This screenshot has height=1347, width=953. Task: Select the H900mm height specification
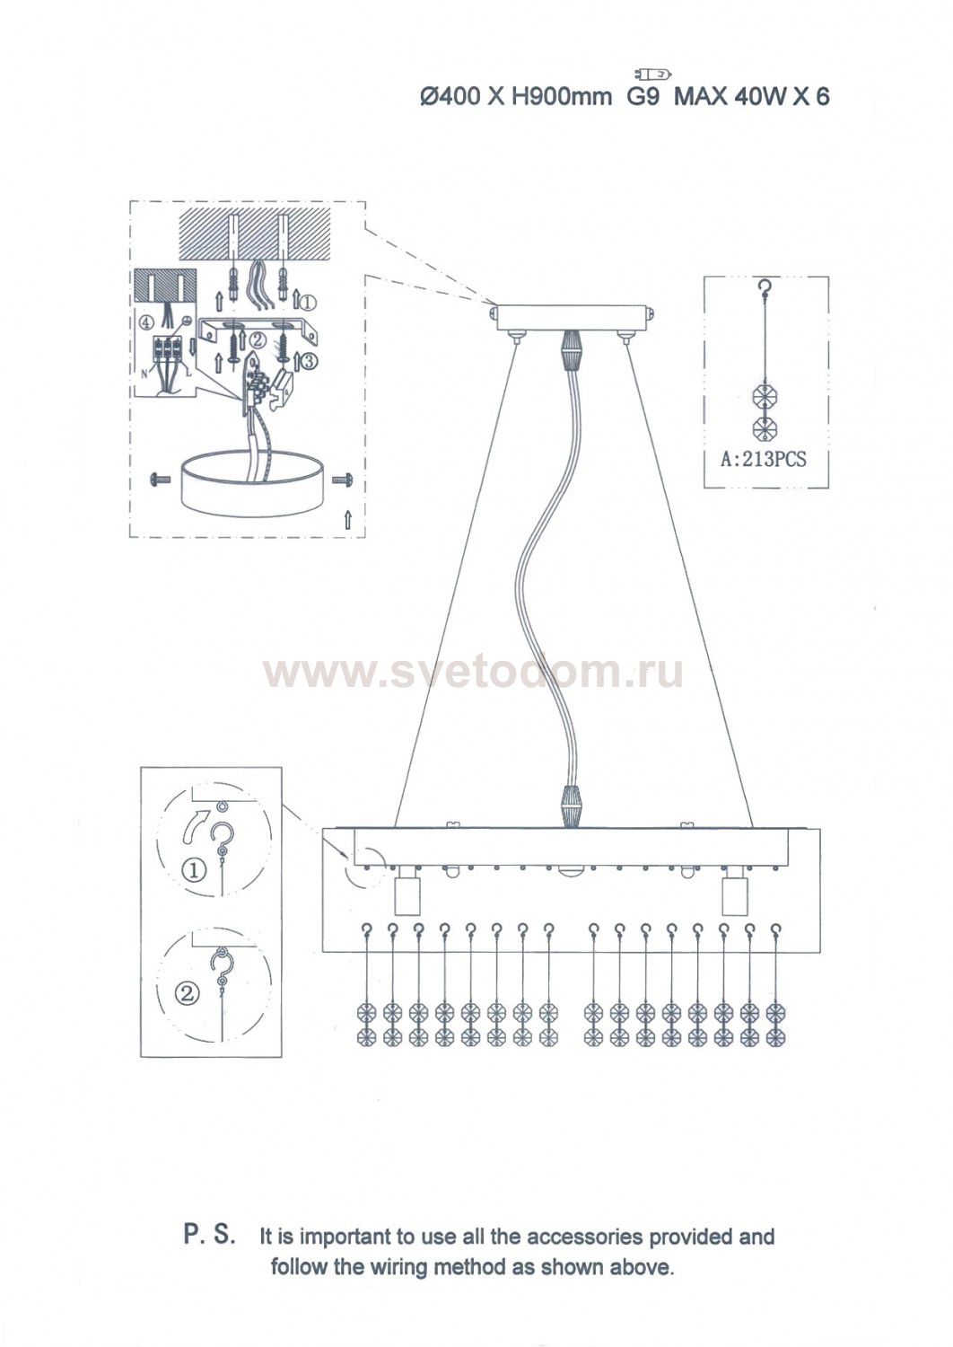click(561, 96)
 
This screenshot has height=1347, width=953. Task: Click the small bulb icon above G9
click(651, 75)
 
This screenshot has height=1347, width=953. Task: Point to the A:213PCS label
click(763, 460)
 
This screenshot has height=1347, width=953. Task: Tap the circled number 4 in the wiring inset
click(146, 322)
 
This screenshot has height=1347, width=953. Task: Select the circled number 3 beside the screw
click(309, 362)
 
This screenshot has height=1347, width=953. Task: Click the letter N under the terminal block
click(144, 374)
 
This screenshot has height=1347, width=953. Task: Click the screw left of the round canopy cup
click(160, 480)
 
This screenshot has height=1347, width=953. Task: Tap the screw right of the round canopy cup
click(342, 480)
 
